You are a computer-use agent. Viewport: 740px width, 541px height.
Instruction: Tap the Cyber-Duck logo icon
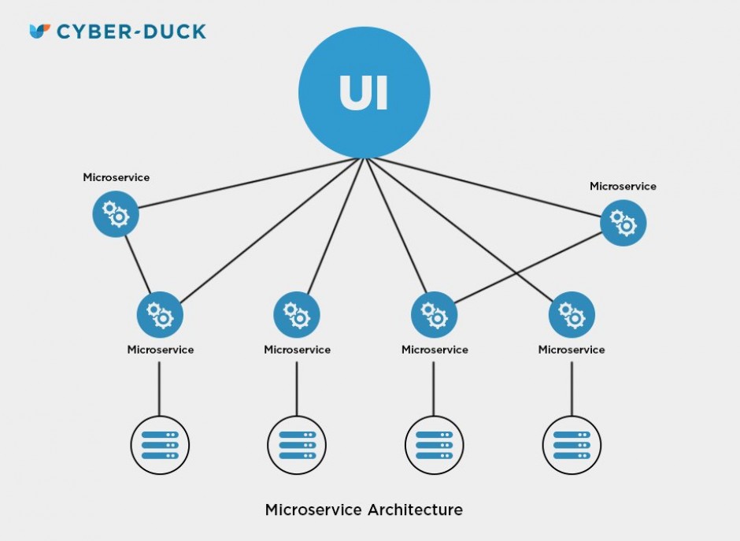click(39, 31)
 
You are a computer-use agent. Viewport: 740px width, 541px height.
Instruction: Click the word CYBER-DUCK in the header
click(131, 32)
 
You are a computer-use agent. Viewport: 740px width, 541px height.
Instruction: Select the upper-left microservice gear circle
click(116, 213)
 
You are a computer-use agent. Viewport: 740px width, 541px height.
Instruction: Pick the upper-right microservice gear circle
click(623, 223)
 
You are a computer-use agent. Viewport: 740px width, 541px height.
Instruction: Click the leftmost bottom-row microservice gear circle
click(160, 314)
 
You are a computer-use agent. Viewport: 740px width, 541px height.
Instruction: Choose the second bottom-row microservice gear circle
click(297, 314)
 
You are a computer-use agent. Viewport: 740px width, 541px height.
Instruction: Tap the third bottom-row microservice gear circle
click(434, 314)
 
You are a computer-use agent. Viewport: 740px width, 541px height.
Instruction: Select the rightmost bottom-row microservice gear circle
click(572, 314)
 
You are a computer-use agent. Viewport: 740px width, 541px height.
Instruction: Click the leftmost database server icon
click(160, 445)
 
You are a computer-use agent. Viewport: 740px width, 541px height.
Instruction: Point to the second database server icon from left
click(297, 445)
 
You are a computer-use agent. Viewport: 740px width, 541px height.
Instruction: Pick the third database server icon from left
click(434, 445)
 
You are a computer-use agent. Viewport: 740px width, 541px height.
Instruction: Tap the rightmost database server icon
click(572, 445)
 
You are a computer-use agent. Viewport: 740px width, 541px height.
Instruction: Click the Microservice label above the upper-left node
click(116, 178)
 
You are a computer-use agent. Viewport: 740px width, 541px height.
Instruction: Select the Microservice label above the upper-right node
click(623, 187)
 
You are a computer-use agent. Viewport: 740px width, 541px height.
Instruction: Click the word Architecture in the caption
click(415, 510)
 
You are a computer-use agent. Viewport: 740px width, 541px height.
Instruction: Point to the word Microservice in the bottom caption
click(313, 510)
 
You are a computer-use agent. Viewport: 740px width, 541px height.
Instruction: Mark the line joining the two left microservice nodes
click(138, 264)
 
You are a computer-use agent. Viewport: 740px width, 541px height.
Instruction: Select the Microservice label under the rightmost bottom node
click(572, 350)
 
